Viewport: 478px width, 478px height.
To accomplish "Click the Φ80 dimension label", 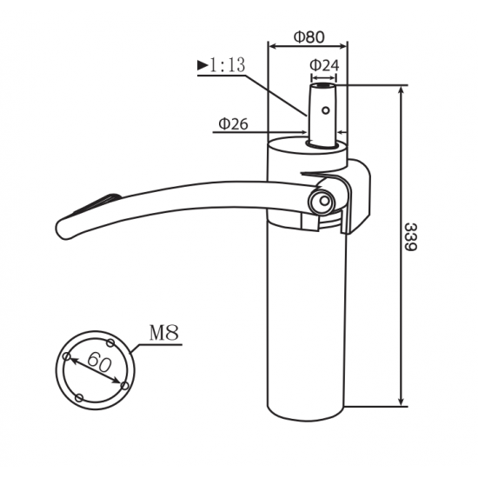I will [309, 37].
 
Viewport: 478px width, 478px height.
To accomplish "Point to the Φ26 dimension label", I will [233, 124].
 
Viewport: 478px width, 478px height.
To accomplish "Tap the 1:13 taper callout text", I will [224, 64].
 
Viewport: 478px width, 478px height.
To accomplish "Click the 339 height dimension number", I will [411, 236].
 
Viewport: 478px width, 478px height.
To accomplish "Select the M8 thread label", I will [163, 333].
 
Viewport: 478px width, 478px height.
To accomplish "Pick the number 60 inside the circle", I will [97, 362].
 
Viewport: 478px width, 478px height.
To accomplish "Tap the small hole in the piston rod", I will [325, 110].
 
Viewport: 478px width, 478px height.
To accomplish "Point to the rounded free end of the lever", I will [65, 229].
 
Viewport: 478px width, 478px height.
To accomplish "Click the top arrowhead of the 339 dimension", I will [402, 90].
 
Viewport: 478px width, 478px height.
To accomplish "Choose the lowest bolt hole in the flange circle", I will [81, 397].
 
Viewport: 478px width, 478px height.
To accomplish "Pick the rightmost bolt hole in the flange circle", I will [125, 383].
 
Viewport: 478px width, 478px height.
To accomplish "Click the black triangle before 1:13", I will [202, 64].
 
